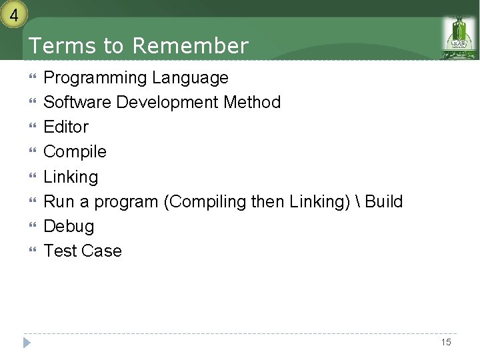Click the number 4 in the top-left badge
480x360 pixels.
click(x=13, y=13)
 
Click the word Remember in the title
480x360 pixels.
click(x=190, y=46)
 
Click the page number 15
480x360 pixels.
click(x=446, y=342)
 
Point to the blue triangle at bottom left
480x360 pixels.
click(x=27, y=343)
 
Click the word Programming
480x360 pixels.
click(x=95, y=78)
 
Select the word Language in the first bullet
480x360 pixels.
click(x=190, y=78)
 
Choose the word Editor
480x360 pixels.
click(x=66, y=127)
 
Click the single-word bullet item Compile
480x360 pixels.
click(x=75, y=152)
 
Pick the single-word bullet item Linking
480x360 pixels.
click(x=71, y=177)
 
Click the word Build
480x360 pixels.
click(x=384, y=201)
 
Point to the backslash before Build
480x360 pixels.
click(x=359, y=201)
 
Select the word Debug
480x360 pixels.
click(x=69, y=227)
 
